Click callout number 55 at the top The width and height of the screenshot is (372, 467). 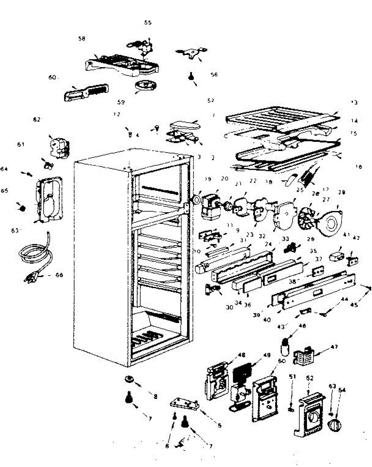[147, 23]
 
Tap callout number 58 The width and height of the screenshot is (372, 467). [81, 39]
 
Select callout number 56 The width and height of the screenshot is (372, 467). [214, 75]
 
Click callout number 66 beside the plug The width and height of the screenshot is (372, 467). [59, 275]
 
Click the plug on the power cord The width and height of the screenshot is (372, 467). [31, 277]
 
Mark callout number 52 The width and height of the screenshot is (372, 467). [310, 378]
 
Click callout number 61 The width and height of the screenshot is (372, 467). [20, 144]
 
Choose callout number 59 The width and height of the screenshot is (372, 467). [121, 103]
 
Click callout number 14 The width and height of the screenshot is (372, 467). [355, 121]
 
